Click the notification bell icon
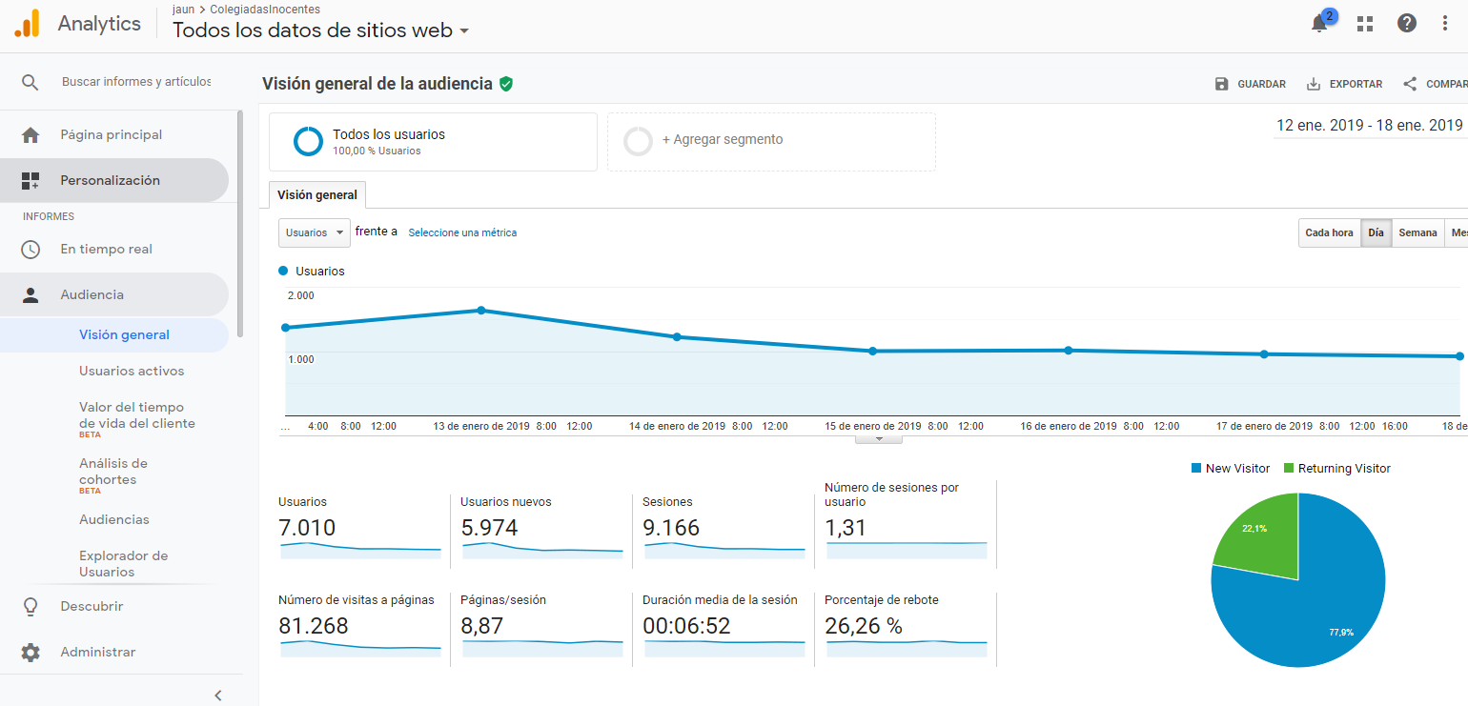tap(1319, 24)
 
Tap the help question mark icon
tap(1406, 24)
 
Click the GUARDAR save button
tap(1251, 84)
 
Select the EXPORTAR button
tap(1345, 84)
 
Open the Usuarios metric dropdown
tap(315, 232)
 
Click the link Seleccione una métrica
tap(462, 232)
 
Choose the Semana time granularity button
tap(1417, 232)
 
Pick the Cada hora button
tap(1329, 232)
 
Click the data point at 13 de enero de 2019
tap(481, 311)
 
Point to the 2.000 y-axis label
tap(301, 295)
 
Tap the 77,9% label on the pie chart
tap(1341, 632)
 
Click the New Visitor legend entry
tap(1231, 468)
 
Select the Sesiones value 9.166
tap(671, 527)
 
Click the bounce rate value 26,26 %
tap(863, 626)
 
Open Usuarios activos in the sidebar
tap(132, 371)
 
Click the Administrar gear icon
tap(31, 653)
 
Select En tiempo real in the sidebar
tap(106, 249)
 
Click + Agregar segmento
tap(723, 139)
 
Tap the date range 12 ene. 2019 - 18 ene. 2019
tap(1369, 125)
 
